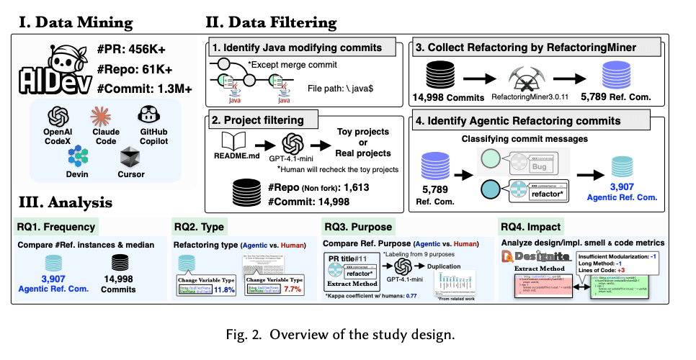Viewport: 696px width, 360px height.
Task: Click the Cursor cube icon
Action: [130, 156]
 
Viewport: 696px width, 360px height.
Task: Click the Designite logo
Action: [535, 256]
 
